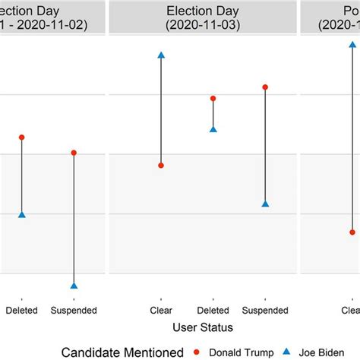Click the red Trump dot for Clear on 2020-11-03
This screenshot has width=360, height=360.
[x=161, y=165]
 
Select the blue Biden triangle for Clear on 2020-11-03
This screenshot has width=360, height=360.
[x=161, y=55]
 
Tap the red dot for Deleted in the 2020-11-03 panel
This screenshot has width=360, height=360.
[x=213, y=99]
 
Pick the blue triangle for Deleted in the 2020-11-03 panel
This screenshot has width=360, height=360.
[x=213, y=129]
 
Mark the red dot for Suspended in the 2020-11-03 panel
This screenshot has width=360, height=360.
[x=265, y=87]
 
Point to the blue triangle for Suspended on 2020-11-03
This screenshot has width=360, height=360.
[x=265, y=204]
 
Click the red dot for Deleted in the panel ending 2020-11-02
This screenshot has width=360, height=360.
[x=22, y=137]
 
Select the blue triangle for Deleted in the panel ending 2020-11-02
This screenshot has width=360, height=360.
[x=22, y=215]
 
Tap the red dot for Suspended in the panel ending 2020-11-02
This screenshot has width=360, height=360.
[x=74, y=153]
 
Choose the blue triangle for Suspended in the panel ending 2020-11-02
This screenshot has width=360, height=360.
[x=74, y=286]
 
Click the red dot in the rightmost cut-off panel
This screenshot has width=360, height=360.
[x=352, y=232]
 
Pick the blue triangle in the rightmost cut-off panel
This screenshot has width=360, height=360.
[x=352, y=45]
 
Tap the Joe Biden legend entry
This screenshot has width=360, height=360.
[x=324, y=352]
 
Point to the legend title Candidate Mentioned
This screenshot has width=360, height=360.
[x=123, y=352]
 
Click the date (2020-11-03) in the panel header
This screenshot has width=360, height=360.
[x=202, y=24]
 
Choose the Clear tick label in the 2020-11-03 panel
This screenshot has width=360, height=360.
[x=161, y=310]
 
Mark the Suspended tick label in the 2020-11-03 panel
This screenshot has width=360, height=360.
[x=265, y=310]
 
